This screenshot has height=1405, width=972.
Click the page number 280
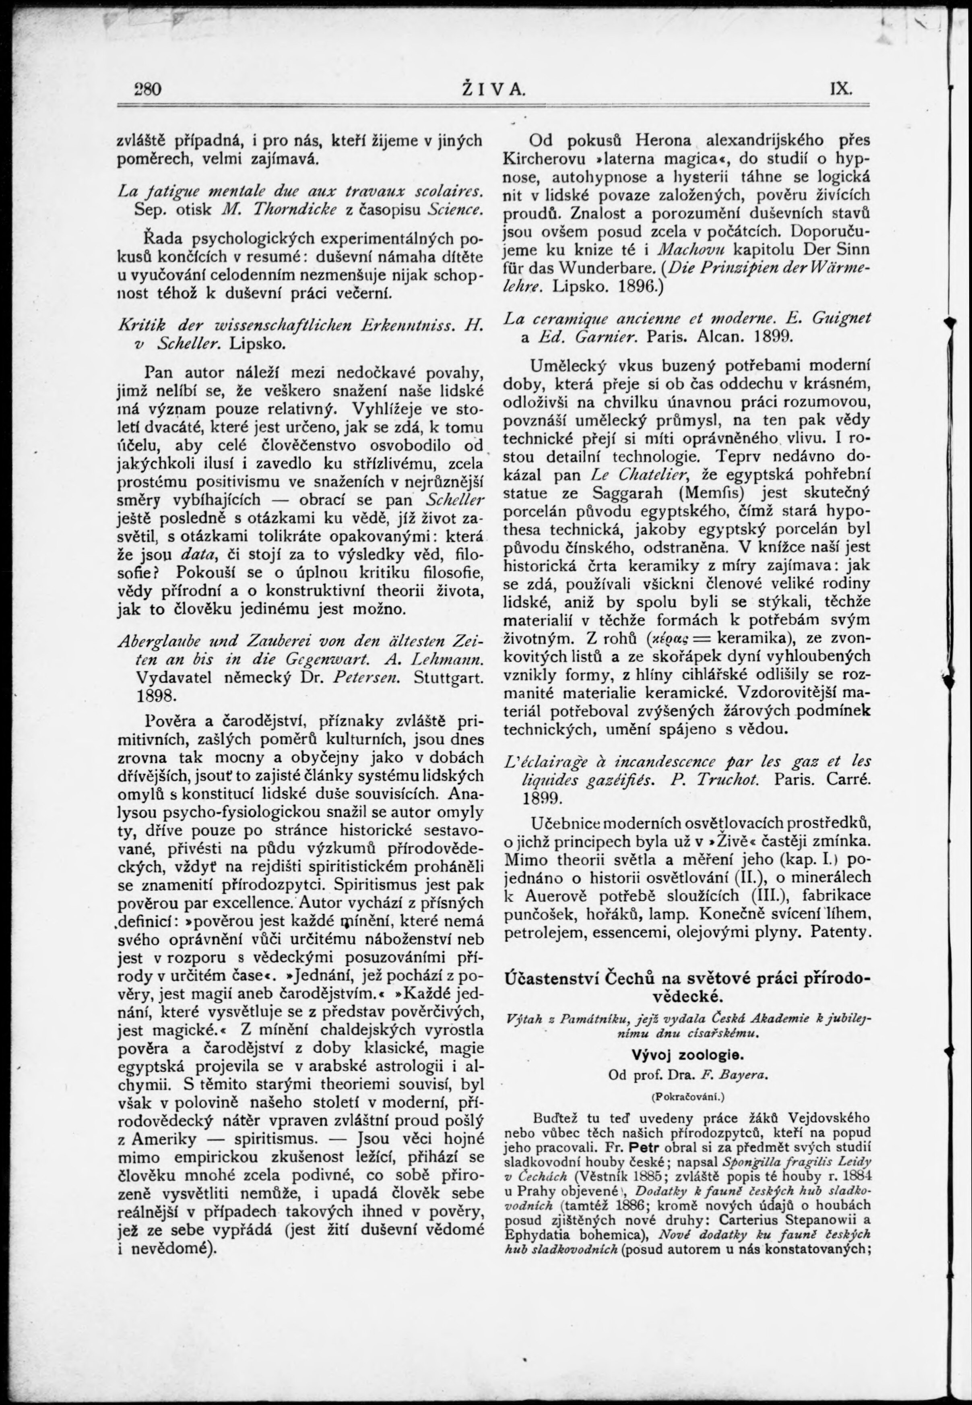[x=147, y=89]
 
